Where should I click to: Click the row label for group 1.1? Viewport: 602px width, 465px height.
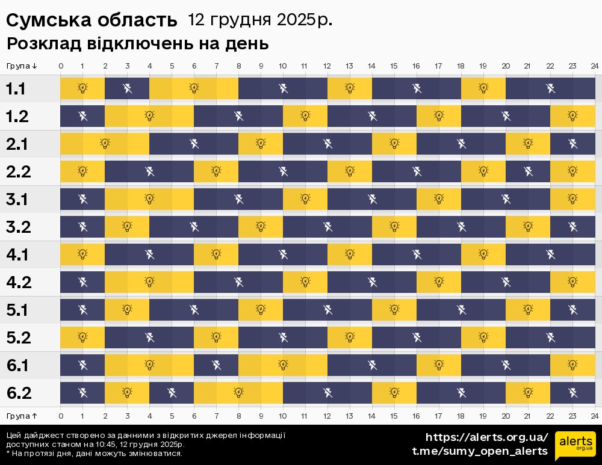pyautogui.click(x=16, y=89)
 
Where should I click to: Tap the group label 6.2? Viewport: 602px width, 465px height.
pyautogui.click(x=18, y=393)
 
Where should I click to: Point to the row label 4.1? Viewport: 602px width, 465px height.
pyautogui.click(x=17, y=254)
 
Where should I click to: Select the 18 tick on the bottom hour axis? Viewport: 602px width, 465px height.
pyautogui.click(x=461, y=416)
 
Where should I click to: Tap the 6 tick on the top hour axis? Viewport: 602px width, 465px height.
pyautogui.click(x=194, y=66)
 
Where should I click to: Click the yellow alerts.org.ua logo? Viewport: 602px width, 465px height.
pyautogui.click(x=576, y=445)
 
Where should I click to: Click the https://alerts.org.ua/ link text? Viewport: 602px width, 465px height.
pyautogui.click(x=487, y=437)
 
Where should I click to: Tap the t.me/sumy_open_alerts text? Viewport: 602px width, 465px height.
pyautogui.click(x=480, y=451)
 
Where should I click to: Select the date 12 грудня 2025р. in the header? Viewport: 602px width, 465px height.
pyautogui.click(x=259, y=20)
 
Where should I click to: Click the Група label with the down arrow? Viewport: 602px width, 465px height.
pyautogui.click(x=22, y=66)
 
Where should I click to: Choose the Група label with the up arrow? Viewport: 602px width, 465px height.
pyautogui.click(x=22, y=416)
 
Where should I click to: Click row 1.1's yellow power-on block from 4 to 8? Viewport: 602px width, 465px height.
pyautogui.click(x=194, y=88)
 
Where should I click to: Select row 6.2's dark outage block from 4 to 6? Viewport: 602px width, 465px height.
pyautogui.click(x=172, y=393)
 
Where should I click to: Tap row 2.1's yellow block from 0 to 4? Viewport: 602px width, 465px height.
pyautogui.click(x=105, y=144)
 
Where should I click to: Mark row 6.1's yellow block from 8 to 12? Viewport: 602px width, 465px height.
pyautogui.click(x=283, y=365)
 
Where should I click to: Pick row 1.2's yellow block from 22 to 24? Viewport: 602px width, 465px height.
pyautogui.click(x=573, y=116)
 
